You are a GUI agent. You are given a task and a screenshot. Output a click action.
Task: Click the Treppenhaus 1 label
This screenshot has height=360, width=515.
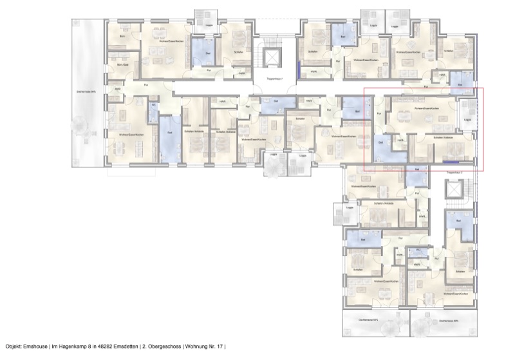(274, 78)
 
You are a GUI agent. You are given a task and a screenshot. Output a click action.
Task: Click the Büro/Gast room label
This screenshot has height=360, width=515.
(122, 65)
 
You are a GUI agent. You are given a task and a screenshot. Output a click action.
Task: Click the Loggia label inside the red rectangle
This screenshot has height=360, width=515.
(467, 120)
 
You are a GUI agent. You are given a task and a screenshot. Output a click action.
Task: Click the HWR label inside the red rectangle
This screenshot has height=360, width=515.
(400, 141)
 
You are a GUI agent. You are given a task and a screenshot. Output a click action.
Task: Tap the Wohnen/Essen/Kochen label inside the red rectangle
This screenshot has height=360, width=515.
(427, 109)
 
